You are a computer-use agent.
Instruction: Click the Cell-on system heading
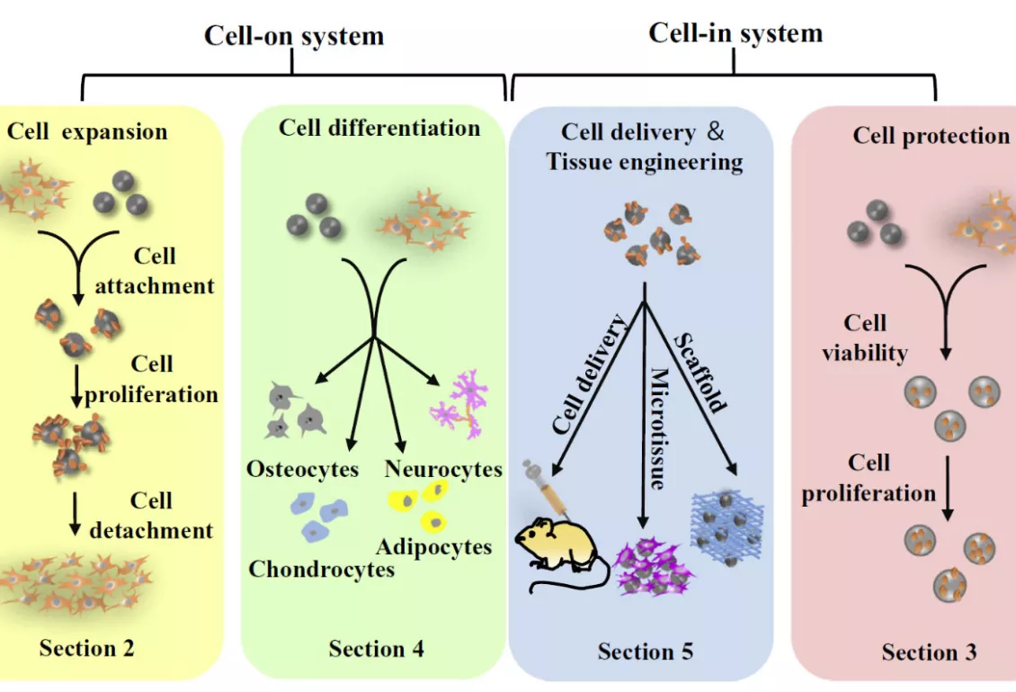point(293,35)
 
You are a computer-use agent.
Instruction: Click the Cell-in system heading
point(735,33)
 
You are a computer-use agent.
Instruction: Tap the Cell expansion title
point(87,131)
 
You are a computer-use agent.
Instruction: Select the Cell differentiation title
point(379,128)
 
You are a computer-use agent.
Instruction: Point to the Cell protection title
point(931,136)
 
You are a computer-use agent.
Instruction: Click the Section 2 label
point(87,648)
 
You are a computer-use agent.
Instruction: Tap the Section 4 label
point(377,649)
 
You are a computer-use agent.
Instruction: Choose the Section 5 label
point(646,652)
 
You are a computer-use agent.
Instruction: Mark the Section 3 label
point(929,652)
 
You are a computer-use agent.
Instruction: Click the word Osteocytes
point(303,469)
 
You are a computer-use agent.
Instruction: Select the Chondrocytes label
point(321,569)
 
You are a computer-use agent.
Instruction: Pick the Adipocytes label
point(434,547)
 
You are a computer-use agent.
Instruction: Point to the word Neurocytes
point(443,469)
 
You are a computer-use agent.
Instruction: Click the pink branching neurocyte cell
point(459,405)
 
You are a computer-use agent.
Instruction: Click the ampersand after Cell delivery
point(716,131)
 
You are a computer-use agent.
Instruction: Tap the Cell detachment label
point(151,516)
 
